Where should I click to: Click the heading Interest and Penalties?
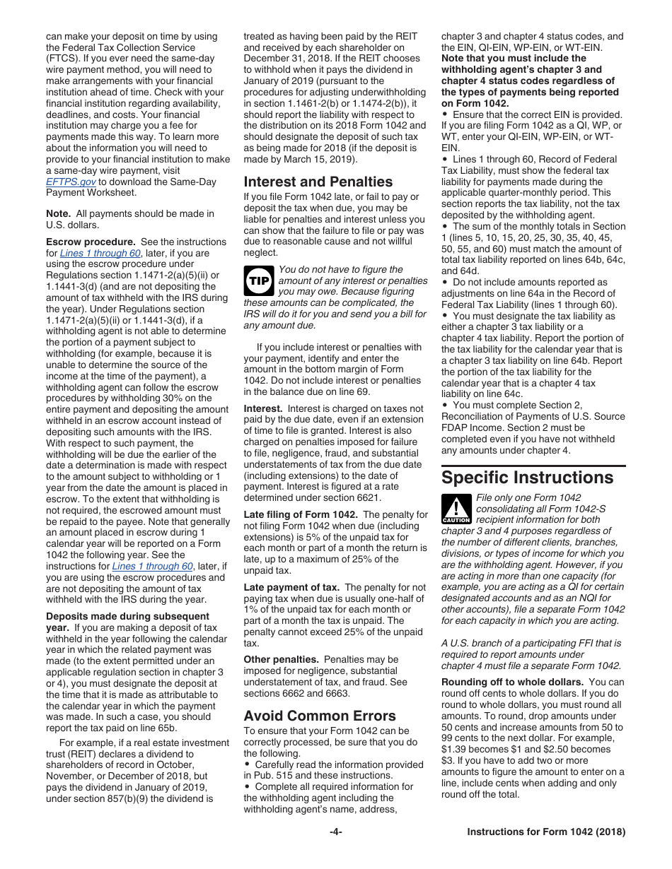(x=318, y=182)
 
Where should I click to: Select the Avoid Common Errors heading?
(x=320, y=715)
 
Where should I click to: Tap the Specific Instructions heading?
(x=527, y=478)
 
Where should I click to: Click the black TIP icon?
(x=256, y=280)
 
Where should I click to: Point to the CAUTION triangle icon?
(x=456, y=509)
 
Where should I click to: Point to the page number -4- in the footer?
(x=335, y=832)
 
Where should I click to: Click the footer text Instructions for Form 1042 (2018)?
(x=546, y=832)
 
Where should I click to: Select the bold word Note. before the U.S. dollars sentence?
(x=58, y=213)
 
